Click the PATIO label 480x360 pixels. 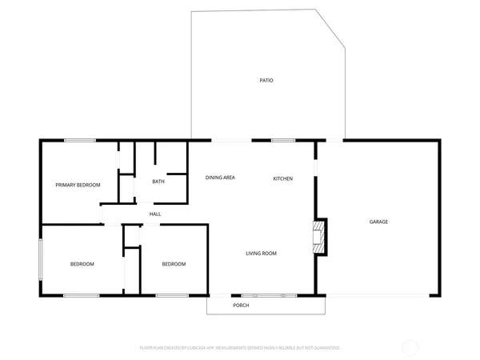point(267,81)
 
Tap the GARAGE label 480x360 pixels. point(378,222)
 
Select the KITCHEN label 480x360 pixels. point(283,178)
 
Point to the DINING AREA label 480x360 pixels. point(220,178)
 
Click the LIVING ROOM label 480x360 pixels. point(261,254)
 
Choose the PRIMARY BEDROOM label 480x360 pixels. point(78,185)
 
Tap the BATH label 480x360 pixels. point(158,182)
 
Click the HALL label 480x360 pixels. point(155,214)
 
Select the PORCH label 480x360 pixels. point(241,306)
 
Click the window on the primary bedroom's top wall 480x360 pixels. point(80,141)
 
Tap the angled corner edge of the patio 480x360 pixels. point(330,30)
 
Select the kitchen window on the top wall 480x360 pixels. point(283,141)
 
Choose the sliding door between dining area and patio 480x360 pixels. point(229,141)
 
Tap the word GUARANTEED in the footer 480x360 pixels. point(326,349)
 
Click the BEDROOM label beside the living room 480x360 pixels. point(174,264)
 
